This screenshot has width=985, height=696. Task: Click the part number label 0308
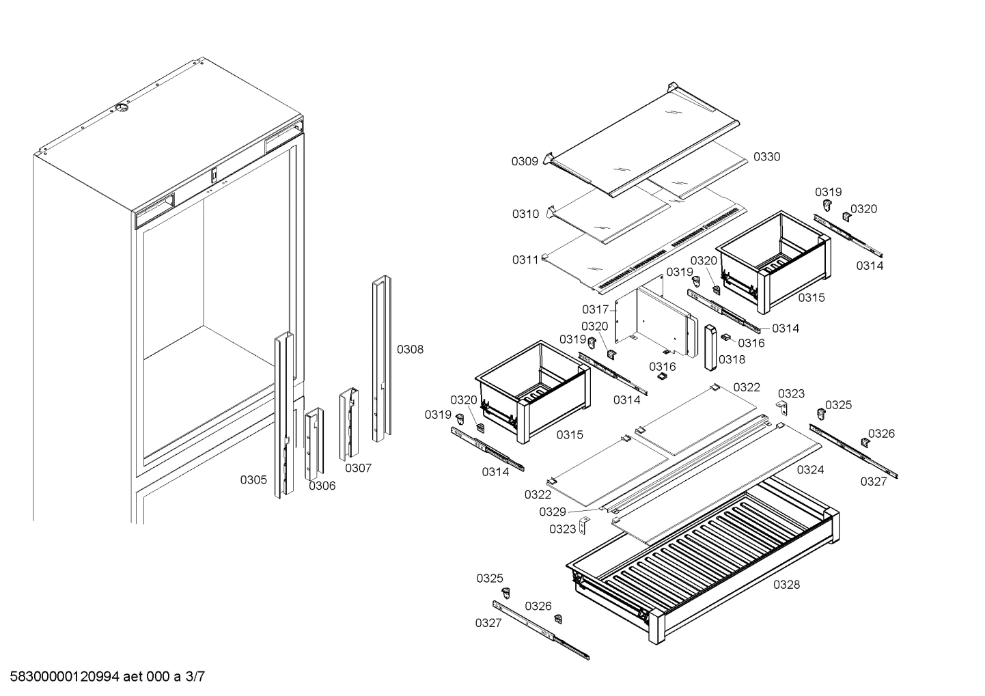(x=410, y=350)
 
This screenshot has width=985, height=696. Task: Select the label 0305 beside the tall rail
(x=253, y=480)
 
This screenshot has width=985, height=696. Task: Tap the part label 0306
(x=322, y=486)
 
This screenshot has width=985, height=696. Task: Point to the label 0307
(x=358, y=468)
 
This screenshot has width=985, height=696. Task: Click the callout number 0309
(x=525, y=162)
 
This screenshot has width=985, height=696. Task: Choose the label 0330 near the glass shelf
(x=766, y=157)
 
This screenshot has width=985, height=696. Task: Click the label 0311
(x=525, y=260)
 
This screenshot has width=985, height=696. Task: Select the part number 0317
(x=595, y=310)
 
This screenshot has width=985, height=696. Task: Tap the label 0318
(x=732, y=359)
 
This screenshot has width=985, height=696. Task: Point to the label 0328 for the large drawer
(x=786, y=585)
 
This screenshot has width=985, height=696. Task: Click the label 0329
(x=552, y=512)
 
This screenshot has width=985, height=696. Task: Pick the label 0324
(x=810, y=470)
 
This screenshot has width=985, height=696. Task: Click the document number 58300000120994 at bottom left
(x=61, y=678)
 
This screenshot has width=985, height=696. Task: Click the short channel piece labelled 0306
(x=314, y=444)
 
